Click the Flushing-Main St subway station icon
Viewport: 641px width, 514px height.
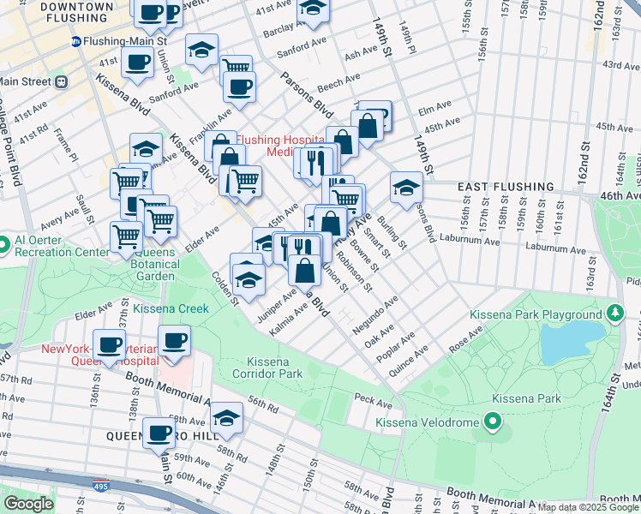76,40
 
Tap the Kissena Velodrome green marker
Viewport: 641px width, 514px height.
492,421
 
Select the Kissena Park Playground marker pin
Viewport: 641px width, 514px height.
614,314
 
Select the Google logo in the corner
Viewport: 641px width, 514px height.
27,504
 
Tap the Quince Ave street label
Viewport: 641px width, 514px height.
410,357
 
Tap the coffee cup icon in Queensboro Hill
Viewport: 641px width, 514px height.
159,433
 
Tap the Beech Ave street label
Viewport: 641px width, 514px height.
339,81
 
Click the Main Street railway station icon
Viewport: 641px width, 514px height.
61,81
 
